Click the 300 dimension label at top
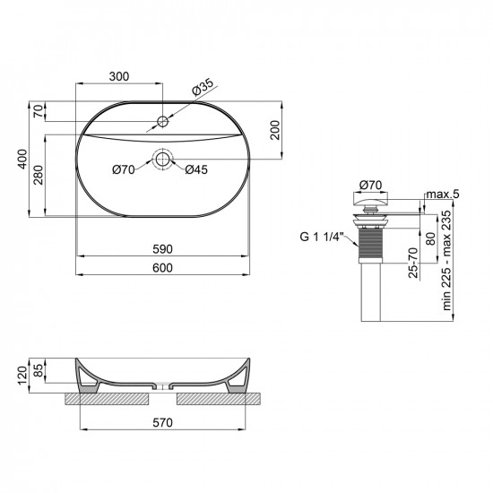point(119,77)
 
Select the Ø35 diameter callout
point(202,88)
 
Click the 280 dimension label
point(39,173)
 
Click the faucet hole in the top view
point(163,121)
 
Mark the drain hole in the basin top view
point(162,160)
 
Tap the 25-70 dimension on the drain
point(413,262)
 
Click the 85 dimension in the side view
point(39,369)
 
